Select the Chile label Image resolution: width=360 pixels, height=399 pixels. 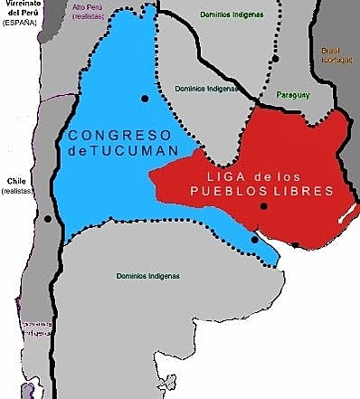15,181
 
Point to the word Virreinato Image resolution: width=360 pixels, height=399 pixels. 22,6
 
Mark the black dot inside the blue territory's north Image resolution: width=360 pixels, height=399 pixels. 145,98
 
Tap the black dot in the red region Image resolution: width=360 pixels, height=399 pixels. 263,207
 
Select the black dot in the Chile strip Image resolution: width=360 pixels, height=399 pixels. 47,218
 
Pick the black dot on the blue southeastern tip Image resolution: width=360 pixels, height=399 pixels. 255,240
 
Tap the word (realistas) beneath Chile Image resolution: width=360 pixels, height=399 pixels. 15,192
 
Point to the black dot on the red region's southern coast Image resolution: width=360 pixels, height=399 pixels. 296,244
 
